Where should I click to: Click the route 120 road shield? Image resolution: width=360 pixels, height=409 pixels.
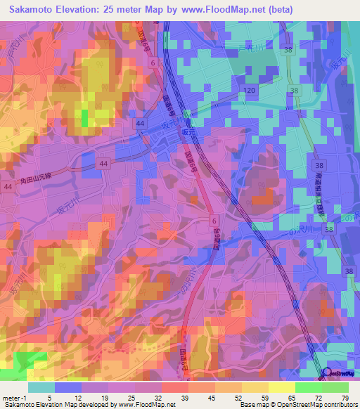(x=250, y=91)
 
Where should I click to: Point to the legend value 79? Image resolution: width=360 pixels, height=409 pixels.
(x=345, y=398)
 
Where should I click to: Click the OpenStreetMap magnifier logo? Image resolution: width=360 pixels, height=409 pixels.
(x=328, y=373)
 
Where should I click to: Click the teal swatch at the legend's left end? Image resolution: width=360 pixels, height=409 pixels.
(x=41, y=387)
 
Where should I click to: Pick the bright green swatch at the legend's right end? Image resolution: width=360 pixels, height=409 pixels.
(x=335, y=387)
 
